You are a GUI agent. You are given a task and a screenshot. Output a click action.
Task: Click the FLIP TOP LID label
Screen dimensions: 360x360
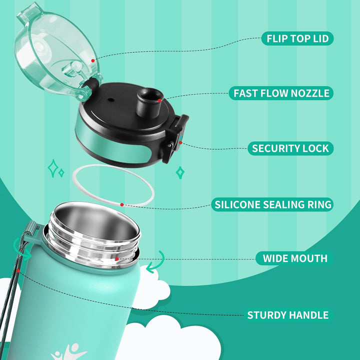(x=297, y=38)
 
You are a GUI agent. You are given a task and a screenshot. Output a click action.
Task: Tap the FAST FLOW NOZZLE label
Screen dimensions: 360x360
(x=281, y=93)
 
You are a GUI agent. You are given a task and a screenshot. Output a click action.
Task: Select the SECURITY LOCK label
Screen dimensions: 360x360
(x=290, y=148)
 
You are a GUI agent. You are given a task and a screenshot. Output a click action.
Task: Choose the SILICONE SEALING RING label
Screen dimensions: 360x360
(x=272, y=204)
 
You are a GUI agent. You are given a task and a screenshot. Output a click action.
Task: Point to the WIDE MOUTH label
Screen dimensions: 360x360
(x=294, y=258)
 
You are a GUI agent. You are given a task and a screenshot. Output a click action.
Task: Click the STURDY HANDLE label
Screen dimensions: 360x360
(x=287, y=315)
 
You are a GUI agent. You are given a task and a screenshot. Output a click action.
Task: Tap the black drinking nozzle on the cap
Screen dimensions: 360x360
(x=149, y=102)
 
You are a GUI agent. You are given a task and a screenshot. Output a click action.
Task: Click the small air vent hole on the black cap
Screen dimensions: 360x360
(x=110, y=100)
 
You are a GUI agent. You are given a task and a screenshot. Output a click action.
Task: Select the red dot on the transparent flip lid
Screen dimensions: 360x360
(x=93, y=60)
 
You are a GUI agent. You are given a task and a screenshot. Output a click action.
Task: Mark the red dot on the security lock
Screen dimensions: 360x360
(x=180, y=143)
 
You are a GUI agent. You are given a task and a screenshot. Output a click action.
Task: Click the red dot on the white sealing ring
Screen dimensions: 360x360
(x=122, y=204)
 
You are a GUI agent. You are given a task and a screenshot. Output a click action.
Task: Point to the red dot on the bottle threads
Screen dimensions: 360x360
(x=117, y=259)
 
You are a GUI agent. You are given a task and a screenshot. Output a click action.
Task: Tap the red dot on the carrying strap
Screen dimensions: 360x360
(x=18, y=271)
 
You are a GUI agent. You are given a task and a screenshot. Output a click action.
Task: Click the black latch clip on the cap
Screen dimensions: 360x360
(x=175, y=138)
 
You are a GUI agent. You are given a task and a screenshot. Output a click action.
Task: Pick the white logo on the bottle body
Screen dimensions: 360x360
(x=68, y=351)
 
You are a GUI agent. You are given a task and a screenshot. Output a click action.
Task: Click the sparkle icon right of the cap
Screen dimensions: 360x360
(x=180, y=172)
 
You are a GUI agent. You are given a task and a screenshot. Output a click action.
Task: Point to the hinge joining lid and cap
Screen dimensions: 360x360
(x=87, y=89)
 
